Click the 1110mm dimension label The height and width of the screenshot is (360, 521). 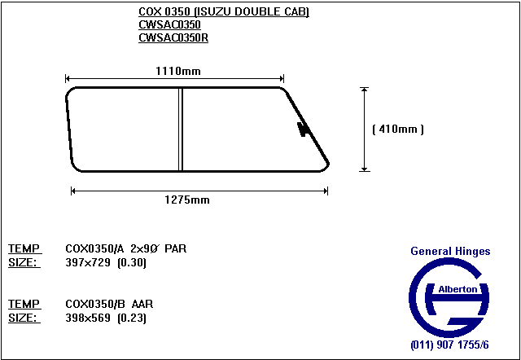click(x=178, y=71)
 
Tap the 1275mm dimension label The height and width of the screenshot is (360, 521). click(x=187, y=200)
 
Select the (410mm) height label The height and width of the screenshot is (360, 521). click(x=398, y=129)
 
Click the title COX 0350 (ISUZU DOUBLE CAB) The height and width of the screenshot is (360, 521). click(x=224, y=11)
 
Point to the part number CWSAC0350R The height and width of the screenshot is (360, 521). click(x=173, y=38)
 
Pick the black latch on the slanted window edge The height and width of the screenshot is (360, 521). click(x=303, y=129)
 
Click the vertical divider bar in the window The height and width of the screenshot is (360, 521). click(x=181, y=130)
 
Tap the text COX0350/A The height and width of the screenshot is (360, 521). click(x=94, y=248)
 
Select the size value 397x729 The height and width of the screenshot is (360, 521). click(x=88, y=262)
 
